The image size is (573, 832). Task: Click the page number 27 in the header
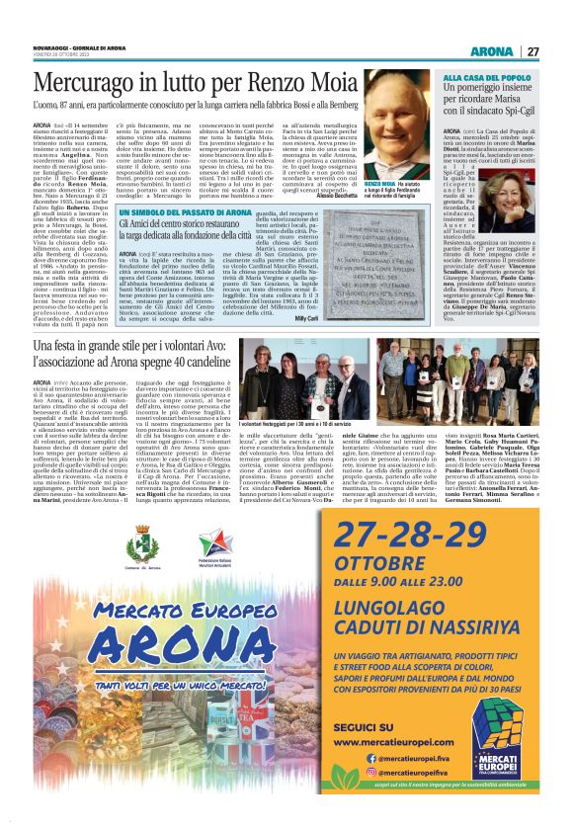[532, 51]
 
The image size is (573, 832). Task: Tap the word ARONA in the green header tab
[491, 51]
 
